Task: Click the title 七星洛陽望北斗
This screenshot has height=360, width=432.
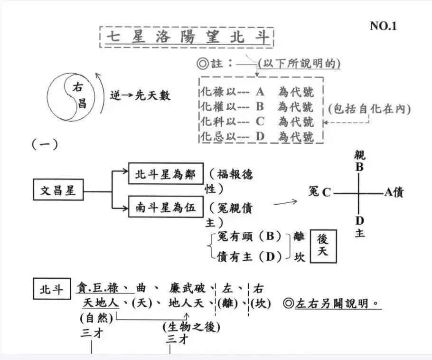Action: point(187,37)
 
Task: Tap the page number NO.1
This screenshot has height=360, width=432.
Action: point(383,26)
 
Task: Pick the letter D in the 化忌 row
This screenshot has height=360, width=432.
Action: point(260,137)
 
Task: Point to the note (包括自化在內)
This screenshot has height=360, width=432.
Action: point(369,108)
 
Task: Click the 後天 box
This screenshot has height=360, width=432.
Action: point(322,246)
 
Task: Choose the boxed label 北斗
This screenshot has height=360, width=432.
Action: point(51,289)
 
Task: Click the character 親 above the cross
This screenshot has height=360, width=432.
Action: point(360,156)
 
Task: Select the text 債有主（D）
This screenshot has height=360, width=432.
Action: point(248,256)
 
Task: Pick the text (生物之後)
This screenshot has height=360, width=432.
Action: point(191,327)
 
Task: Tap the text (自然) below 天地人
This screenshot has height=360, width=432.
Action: point(96,316)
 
